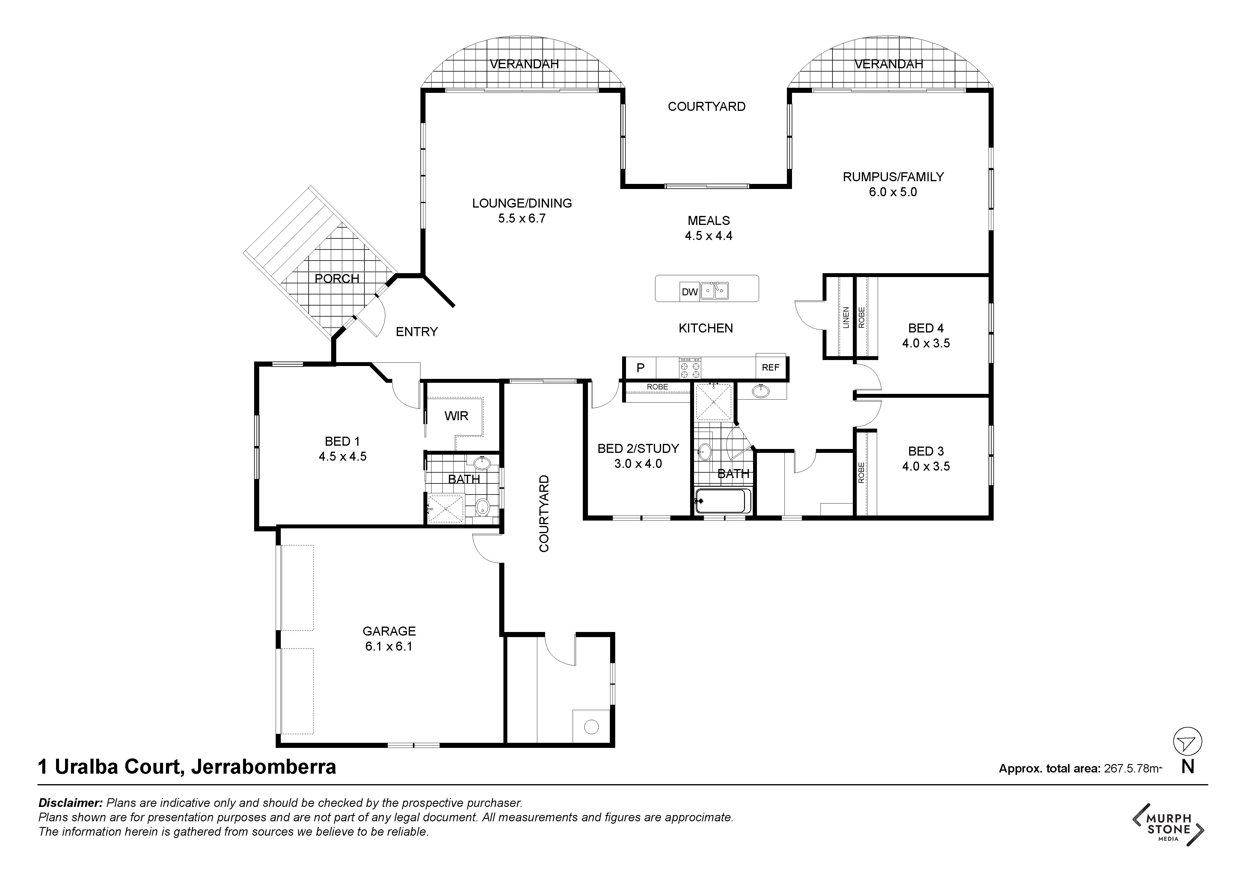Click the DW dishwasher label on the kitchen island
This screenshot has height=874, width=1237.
click(x=690, y=292)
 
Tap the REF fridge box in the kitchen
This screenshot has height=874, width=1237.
click(x=770, y=367)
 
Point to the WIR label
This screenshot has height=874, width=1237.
click(x=456, y=416)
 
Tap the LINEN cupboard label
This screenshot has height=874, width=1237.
click(x=846, y=318)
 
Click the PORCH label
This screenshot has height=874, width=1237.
click(x=337, y=279)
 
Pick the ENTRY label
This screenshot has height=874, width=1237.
click(x=417, y=332)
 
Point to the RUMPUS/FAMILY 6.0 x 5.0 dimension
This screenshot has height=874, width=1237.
click(x=893, y=192)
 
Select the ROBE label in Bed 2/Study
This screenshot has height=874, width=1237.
click(x=657, y=387)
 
